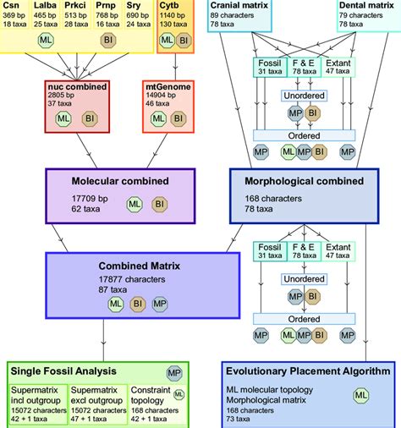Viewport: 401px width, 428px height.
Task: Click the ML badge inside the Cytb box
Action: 168,40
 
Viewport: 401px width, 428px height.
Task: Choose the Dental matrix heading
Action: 364,5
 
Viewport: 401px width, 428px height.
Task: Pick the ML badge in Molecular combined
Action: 134,204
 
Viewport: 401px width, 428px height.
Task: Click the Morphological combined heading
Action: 299,181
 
